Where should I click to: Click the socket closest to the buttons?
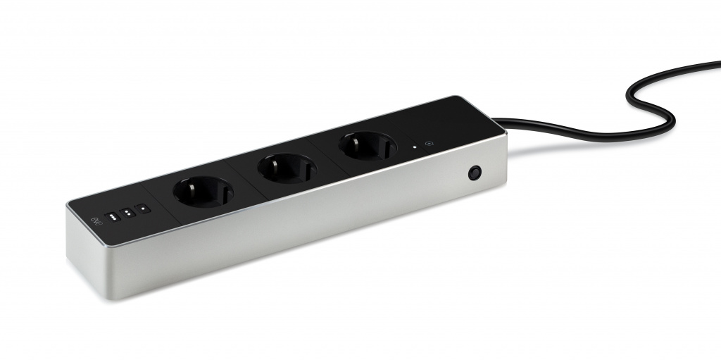click(203, 191)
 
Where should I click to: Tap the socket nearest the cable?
click(367, 146)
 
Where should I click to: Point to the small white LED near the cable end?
click(415, 148)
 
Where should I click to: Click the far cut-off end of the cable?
click(718, 65)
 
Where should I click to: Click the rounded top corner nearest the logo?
click(69, 206)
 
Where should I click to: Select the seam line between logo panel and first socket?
click(159, 206)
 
